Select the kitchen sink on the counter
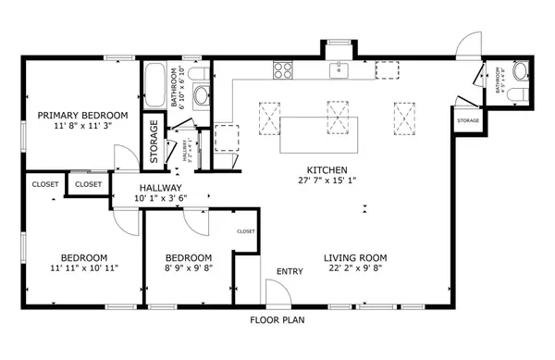(340, 69)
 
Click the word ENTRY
(290, 271)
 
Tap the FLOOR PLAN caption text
(277, 321)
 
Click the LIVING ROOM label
(354, 257)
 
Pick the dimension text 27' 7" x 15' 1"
(327, 181)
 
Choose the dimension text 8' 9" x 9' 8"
(188, 268)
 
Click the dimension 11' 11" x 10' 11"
(83, 268)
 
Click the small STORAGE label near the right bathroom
(468, 119)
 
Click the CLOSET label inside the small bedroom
(245, 231)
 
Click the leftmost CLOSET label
(44, 184)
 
